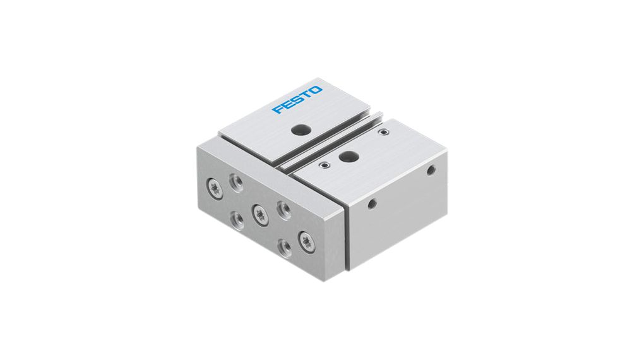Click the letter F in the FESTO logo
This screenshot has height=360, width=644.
(277, 111)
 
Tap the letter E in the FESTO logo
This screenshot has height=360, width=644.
(287, 105)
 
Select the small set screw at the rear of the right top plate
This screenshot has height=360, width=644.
(383, 133)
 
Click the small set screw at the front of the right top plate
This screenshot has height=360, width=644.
(325, 165)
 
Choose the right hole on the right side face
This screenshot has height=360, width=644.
(431, 169)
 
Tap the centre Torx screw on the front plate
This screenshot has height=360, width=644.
(258, 213)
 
